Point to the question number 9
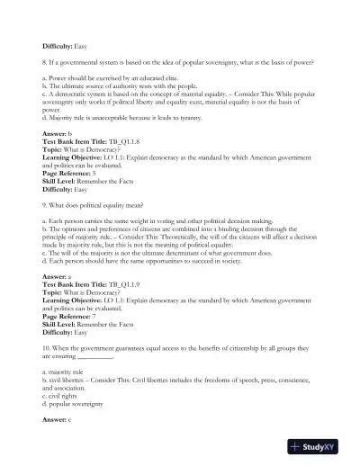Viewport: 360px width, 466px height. [x=45, y=204]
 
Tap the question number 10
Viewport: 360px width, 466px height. [x=47, y=346]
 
